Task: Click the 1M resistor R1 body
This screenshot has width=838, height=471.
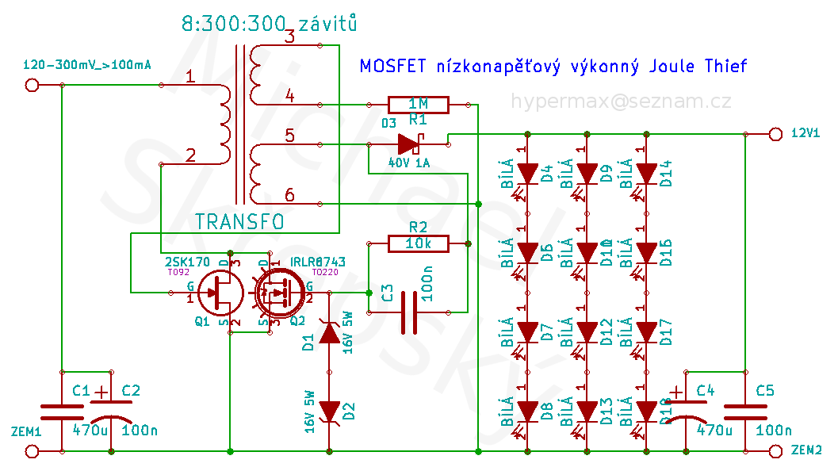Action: pos(418,104)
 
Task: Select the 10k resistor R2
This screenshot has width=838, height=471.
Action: pos(418,243)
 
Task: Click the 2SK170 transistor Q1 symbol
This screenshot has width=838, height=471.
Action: pos(219,293)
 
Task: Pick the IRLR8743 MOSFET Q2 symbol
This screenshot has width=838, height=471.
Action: pos(277,293)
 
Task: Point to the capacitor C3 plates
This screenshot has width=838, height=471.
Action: pos(409,312)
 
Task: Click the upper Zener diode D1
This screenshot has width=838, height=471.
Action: pos(330,333)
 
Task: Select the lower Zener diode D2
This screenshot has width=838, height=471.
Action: pos(330,411)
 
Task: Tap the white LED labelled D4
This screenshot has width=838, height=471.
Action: pos(527,174)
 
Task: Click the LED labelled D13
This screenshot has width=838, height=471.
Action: pos(587,411)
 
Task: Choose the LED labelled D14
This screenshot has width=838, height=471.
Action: pos(647,174)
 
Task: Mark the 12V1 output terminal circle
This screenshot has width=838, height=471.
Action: pos(775,134)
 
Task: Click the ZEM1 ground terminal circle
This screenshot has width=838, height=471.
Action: pos(33,451)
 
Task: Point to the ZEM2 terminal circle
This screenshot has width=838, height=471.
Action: pos(775,451)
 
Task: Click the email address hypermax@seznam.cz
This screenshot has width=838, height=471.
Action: pos(621,101)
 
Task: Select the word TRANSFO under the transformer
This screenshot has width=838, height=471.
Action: pos(239,223)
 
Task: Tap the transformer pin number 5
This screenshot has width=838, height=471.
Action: pos(290,136)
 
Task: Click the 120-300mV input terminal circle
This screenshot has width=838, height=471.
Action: pos(33,85)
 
